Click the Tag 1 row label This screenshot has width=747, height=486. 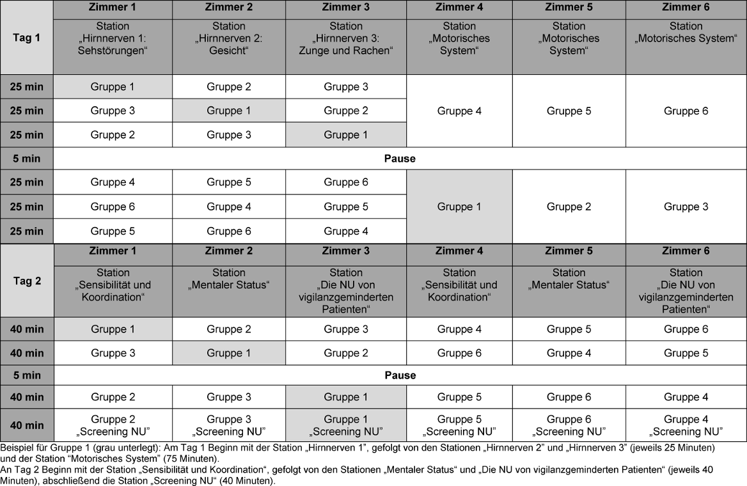(26, 37)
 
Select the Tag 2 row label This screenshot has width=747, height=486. (26, 280)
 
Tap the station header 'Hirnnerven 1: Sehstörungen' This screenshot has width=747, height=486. (113, 38)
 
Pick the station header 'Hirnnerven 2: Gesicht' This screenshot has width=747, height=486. (228, 38)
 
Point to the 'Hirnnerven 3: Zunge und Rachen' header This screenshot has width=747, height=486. (346, 38)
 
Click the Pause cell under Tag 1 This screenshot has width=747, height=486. (400, 159)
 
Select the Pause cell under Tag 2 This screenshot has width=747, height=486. (400, 375)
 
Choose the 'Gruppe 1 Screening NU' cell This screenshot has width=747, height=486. (346, 425)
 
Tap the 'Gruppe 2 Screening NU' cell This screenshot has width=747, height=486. (113, 425)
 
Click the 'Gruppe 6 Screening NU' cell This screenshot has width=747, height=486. (569, 425)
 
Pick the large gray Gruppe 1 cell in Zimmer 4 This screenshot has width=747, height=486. (459, 207)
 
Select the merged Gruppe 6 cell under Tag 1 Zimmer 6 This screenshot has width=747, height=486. (686, 111)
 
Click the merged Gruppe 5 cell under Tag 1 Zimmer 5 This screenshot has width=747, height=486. (569, 111)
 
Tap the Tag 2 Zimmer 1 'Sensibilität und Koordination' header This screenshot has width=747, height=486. (113, 285)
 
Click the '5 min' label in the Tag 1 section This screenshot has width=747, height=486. (26, 159)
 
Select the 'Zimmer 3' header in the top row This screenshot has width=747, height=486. (346, 8)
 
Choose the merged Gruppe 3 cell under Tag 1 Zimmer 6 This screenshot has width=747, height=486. (686, 207)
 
